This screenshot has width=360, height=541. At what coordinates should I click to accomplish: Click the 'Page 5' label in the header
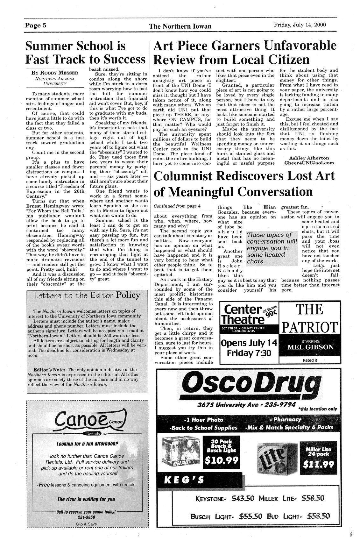coord(36,26)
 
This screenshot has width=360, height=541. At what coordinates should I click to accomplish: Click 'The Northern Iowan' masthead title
coord(180,26)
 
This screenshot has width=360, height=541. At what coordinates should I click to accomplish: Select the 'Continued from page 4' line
coord(177,206)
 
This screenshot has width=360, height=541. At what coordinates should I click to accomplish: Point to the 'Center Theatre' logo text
coord(242,314)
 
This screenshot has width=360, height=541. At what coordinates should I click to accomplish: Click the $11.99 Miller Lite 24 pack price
coord(318,464)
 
